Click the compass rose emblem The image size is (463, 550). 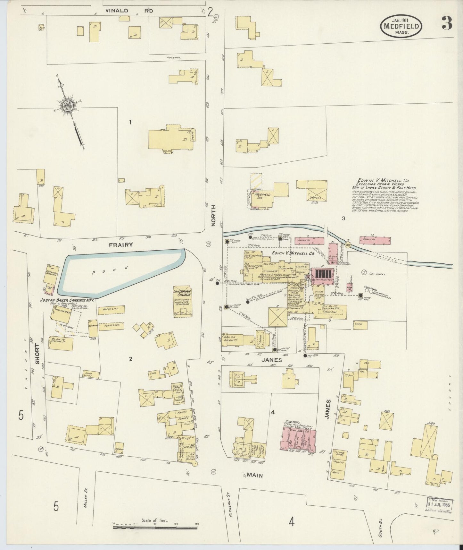(68, 105)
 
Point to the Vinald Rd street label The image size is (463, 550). (129, 11)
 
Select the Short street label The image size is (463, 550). (37, 354)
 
